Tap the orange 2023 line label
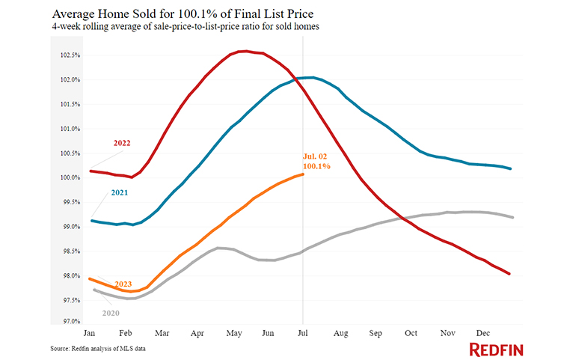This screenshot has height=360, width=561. [123, 284]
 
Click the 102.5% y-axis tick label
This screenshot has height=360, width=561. [72, 55]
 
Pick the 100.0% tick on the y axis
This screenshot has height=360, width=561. [72, 178]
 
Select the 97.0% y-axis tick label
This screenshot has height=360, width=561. [72, 322]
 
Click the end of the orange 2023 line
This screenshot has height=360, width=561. [303, 174]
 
